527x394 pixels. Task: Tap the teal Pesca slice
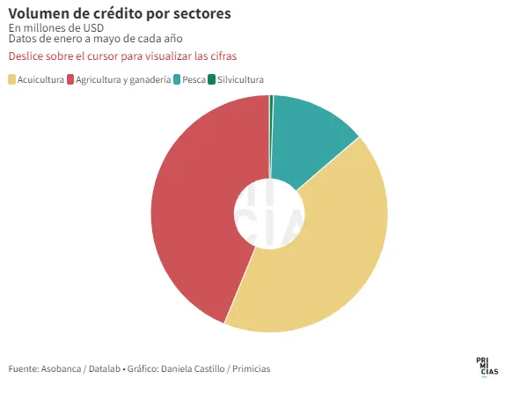click(309, 135)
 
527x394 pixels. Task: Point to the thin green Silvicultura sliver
click(271, 135)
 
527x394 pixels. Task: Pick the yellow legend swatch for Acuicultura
click(11, 80)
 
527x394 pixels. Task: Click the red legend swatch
click(70, 80)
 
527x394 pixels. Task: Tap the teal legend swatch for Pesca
click(177, 80)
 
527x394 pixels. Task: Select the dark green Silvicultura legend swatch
click(211, 80)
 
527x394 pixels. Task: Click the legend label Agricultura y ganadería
click(123, 80)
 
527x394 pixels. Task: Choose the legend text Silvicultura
click(240, 80)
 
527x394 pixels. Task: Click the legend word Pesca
click(194, 80)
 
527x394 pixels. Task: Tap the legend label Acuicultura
click(40, 80)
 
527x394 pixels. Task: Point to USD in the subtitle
click(93, 28)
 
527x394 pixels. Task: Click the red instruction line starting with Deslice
click(122, 56)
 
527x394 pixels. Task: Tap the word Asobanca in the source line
click(61, 368)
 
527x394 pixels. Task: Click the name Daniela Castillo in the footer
click(193, 368)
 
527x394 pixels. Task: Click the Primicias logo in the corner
click(487, 367)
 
